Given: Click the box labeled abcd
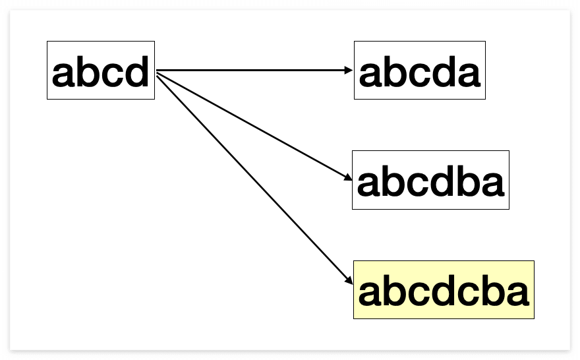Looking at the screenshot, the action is (x=100, y=71).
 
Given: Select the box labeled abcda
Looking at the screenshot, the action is (x=419, y=71).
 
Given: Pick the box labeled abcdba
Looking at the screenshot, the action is (x=430, y=180).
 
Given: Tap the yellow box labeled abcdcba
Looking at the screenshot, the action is (x=444, y=289).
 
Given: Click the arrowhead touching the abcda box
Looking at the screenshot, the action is (x=351, y=70).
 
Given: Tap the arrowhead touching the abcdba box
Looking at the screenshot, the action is (x=349, y=177).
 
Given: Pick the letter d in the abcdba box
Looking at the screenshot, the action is (x=442, y=182).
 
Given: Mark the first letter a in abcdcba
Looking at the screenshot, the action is (x=370, y=294).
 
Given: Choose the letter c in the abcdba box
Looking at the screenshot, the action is (x=418, y=185).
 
